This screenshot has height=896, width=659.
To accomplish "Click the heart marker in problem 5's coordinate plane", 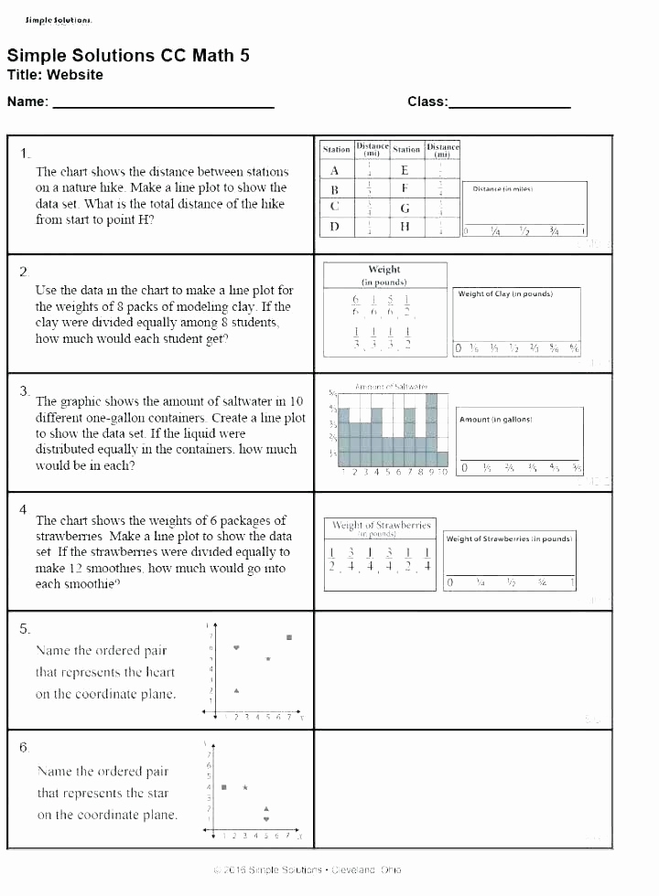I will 237,647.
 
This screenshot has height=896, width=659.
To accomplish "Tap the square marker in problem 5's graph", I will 289,636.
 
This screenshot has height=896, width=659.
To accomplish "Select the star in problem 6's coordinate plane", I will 245,786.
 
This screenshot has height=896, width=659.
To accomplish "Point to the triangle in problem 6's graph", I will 266,808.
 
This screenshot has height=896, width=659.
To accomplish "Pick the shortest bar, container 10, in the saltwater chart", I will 443,458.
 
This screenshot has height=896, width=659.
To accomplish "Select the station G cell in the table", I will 405,208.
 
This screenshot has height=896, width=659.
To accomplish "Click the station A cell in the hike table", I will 335,170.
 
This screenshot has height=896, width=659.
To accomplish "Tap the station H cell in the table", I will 405,227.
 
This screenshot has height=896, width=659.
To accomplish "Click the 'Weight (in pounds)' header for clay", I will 384,275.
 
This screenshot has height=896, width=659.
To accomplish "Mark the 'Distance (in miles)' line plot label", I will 502,188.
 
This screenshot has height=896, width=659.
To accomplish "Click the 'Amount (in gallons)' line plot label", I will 496,419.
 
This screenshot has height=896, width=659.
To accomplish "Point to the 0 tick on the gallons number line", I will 465,468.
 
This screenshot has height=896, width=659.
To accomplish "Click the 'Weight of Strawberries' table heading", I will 381,526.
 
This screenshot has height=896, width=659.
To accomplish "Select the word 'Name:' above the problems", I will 27,101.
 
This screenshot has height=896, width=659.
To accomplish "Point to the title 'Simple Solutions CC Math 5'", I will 128,56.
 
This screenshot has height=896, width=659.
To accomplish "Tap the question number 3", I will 24,390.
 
